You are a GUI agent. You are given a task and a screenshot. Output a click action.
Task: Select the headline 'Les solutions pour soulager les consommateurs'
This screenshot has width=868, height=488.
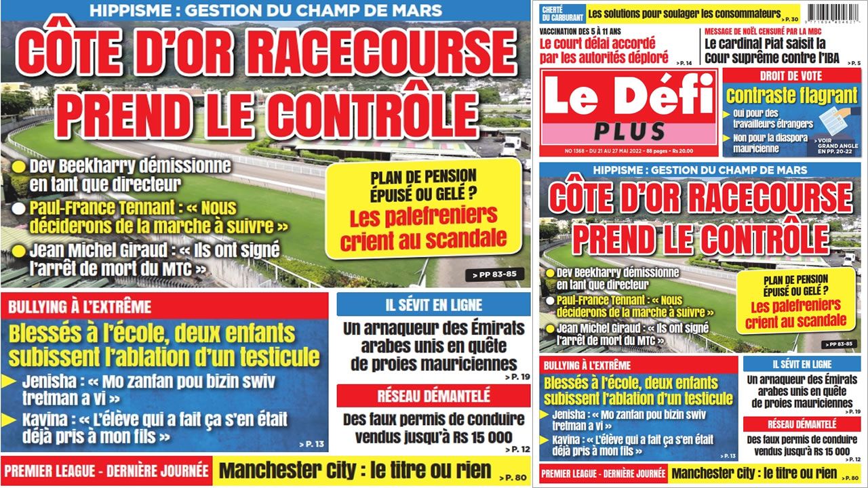(x=684, y=13)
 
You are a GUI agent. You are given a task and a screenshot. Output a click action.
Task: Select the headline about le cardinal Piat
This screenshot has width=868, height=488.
(x=772, y=51)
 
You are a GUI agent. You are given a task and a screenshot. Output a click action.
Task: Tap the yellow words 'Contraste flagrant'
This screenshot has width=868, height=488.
(x=782, y=96)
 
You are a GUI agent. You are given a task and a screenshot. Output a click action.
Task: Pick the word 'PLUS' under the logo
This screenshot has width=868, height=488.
(x=629, y=131)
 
